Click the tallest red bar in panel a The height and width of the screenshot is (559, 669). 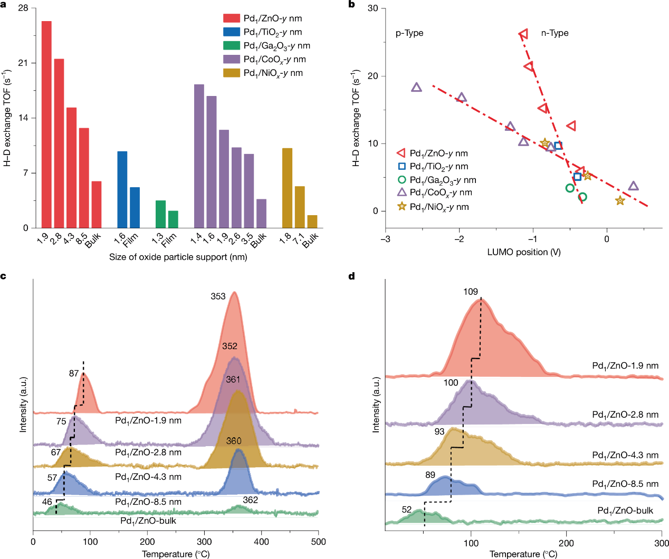46,124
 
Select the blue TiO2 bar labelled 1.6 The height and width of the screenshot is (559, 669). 122,189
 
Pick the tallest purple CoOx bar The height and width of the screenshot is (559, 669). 199,156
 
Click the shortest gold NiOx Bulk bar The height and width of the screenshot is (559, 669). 312,221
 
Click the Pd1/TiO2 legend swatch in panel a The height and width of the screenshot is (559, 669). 232,32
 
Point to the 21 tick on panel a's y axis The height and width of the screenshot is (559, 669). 23,63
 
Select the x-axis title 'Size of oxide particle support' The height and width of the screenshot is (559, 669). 178,257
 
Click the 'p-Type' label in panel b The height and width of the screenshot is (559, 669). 409,33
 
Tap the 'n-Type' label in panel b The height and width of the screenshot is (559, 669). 555,33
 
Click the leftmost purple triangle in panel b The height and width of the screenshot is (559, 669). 416,88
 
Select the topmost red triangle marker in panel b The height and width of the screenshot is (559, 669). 523,34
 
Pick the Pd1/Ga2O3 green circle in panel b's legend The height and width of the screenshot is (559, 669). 402,180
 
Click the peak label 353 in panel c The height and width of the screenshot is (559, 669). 218,296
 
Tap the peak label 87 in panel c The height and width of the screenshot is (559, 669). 74,373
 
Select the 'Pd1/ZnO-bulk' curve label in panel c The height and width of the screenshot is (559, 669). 148,521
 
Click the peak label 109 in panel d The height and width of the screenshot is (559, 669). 471,292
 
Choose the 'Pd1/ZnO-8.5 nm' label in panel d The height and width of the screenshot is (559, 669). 625,484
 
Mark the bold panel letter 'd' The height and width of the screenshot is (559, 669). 352,276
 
